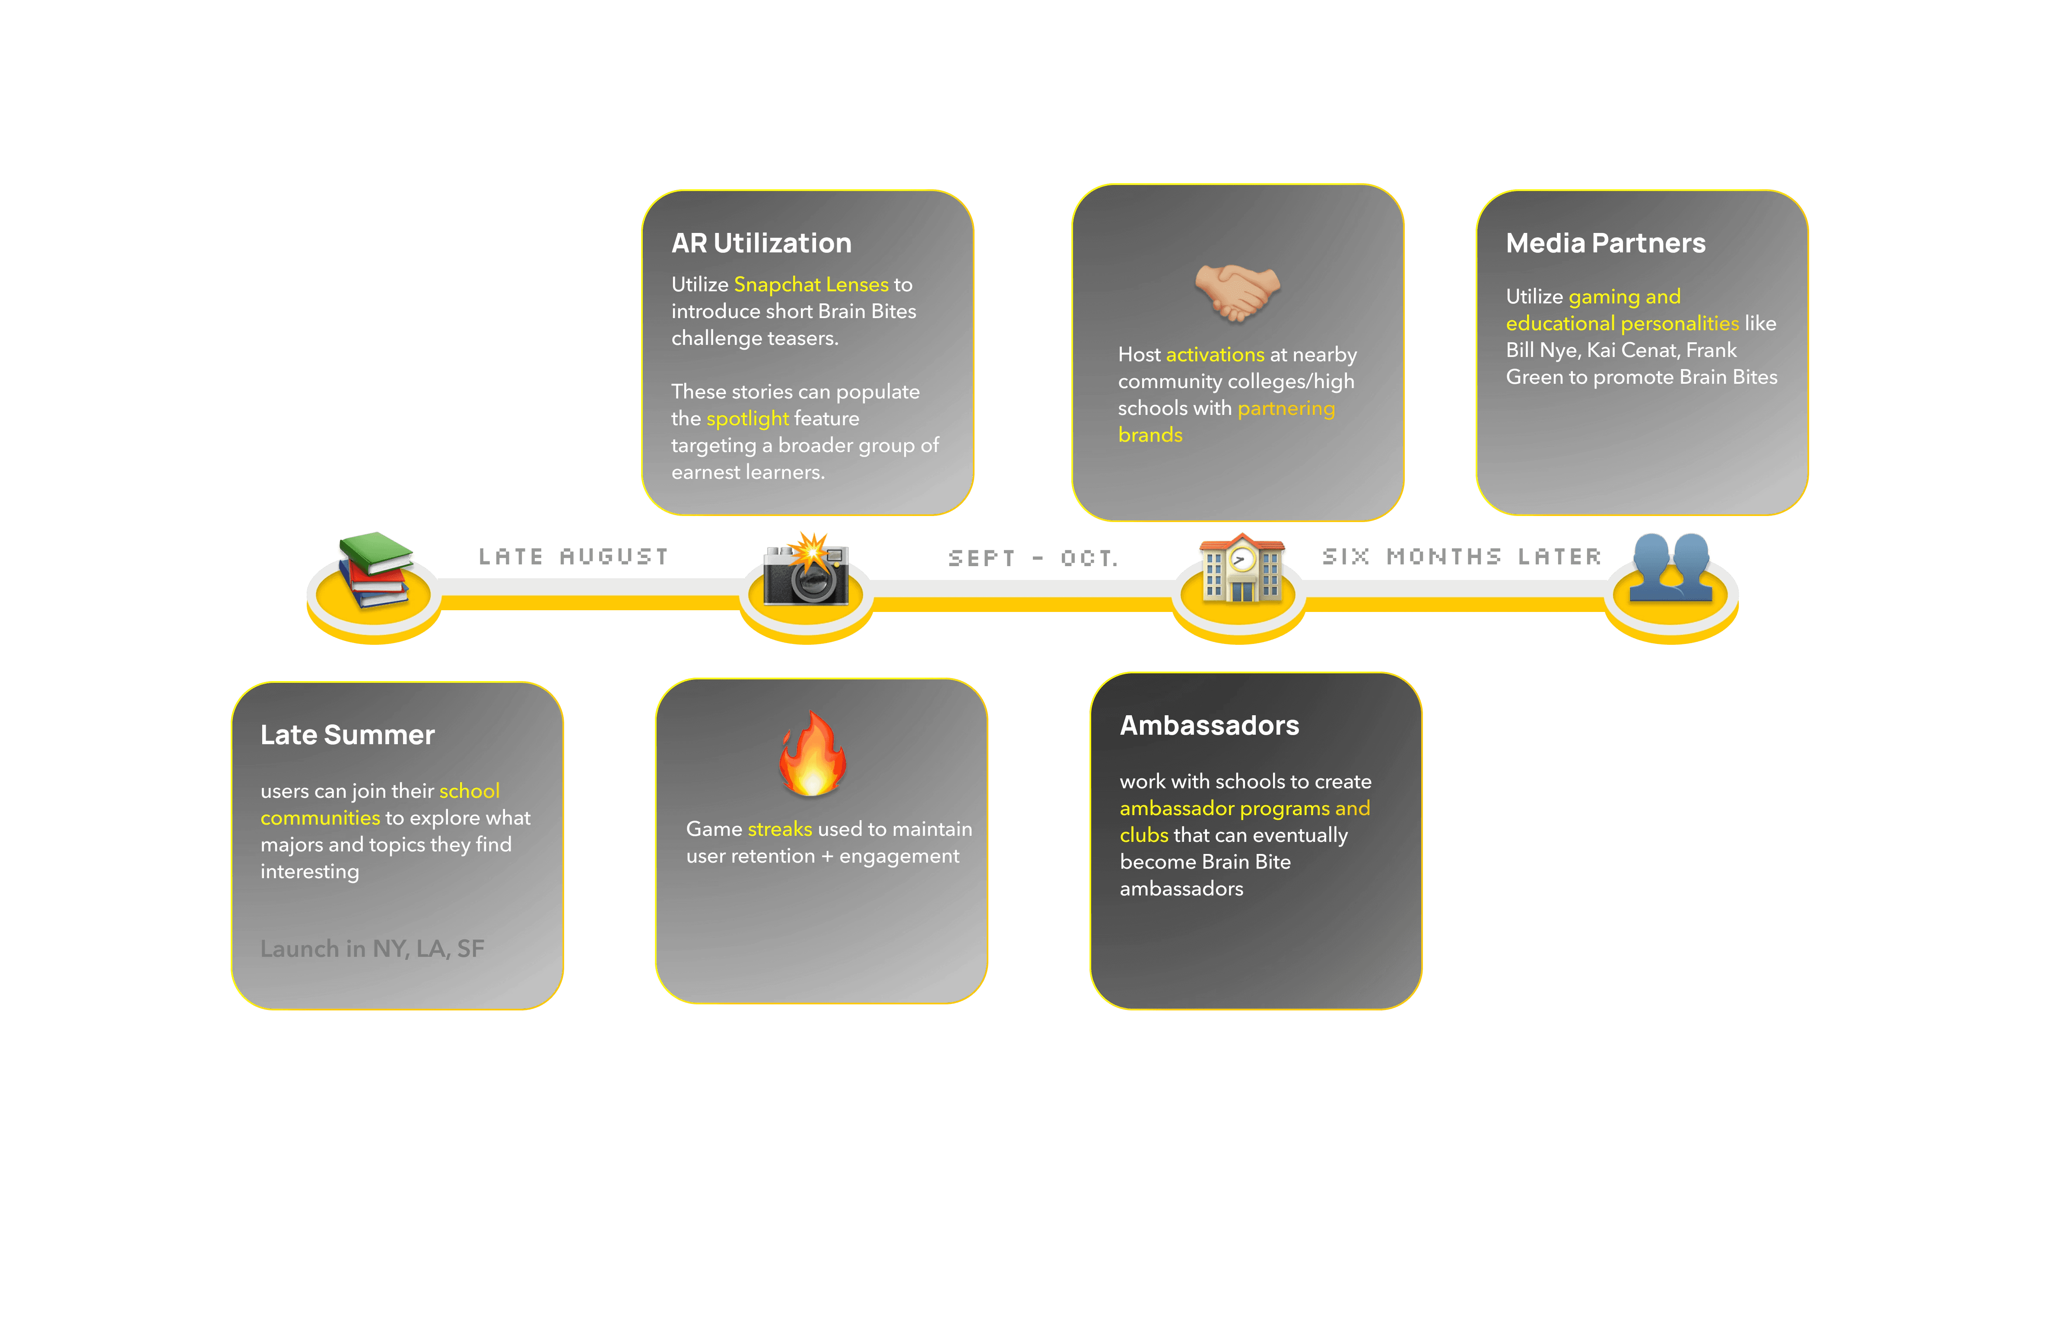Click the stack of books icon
point(375,569)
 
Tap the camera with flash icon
point(807,569)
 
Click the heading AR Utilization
point(761,243)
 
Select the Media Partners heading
point(1605,243)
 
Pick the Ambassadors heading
point(1209,725)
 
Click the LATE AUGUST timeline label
point(573,557)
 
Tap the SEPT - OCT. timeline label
point(1033,558)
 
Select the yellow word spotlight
point(747,418)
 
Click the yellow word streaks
point(779,829)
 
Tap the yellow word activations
point(1214,355)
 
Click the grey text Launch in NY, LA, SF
point(372,949)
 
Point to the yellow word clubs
point(1143,835)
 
